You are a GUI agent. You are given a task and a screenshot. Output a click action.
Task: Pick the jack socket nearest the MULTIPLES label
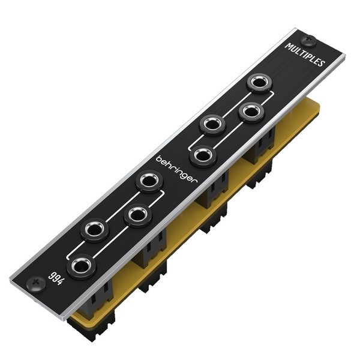[x=260, y=83]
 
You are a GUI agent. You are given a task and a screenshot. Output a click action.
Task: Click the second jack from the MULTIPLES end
[x=250, y=112]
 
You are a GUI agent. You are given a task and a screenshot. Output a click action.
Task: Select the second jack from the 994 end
[x=94, y=229]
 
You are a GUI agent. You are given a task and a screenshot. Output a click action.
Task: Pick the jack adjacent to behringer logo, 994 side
[x=149, y=181]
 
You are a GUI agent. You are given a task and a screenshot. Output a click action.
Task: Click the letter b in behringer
[x=160, y=160]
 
